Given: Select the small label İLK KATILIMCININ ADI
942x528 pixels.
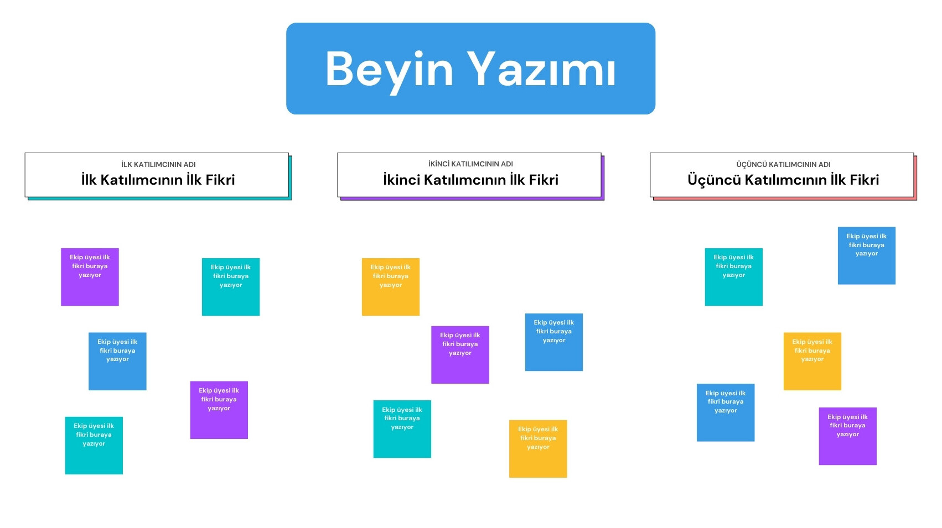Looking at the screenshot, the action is pyautogui.click(x=158, y=164).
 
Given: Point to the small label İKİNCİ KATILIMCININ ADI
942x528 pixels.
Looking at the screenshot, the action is pyautogui.click(x=470, y=164).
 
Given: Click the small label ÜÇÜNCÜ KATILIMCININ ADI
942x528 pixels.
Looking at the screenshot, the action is pyautogui.click(x=783, y=164).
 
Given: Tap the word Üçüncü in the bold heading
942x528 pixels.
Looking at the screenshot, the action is pyautogui.click(x=713, y=179).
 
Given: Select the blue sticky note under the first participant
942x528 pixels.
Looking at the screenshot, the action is pyautogui.click(x=117, y=361).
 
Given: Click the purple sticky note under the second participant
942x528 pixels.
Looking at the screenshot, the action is pyautogui.click(x=460, y=354).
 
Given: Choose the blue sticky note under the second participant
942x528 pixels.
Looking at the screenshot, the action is pyautogui.click(x=554, y=342).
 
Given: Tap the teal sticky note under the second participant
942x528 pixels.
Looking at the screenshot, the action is pyautogui.click(x=402, y=429).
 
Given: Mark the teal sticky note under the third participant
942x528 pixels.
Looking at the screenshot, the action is pyautogui.click(x=734, y=277).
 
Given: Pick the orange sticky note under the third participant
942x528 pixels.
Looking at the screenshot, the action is pyautogui.click(x=812, y=361).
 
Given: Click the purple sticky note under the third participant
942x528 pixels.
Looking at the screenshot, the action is pyautogui.click(x=847, y=436).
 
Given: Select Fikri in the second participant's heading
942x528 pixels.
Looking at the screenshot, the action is pyautogui.click(x=544, y=179).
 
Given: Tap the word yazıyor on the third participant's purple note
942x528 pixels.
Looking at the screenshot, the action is pyautogui.click(x=847, y=435).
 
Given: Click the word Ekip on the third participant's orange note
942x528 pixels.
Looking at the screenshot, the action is pyautogui.click(x=799, y=342).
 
